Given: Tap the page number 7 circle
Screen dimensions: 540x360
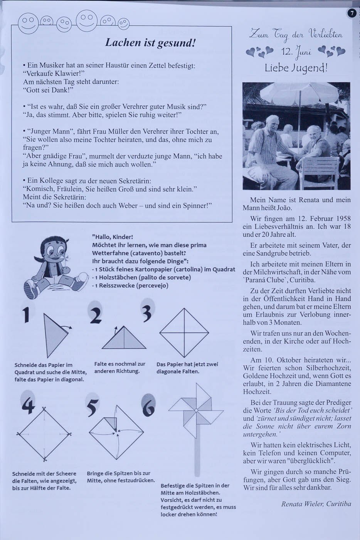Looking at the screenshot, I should pyautogui.click(x=351, y=14).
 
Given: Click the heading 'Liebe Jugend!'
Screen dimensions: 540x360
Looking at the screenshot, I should pyautogui.click(x=296, y=68).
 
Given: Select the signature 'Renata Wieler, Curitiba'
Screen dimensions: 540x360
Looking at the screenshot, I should pyautogui.click(x=316, y=504).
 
